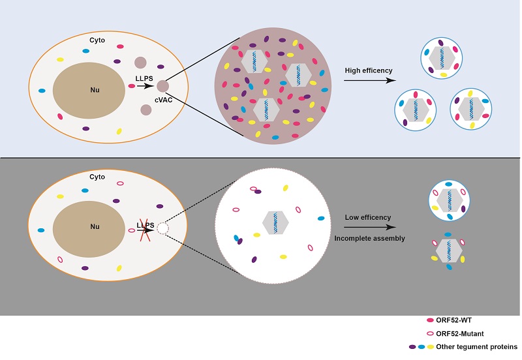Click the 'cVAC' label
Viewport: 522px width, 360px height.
(x=163, y=98)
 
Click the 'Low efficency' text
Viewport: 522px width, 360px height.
(x=367, y=217)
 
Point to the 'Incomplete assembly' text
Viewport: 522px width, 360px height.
(x=370, y=239)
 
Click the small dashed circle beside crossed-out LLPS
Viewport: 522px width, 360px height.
(x=163, y=228)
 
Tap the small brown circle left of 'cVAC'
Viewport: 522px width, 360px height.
(x=162, y=86)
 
